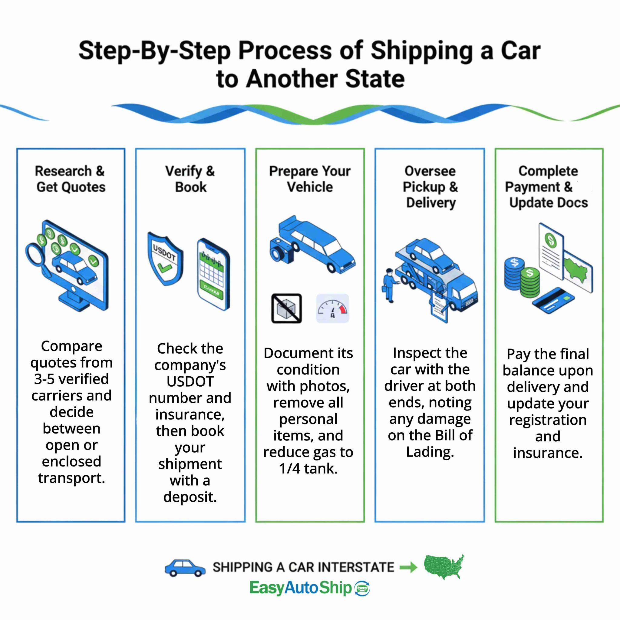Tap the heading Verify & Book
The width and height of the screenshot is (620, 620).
click(190, 179)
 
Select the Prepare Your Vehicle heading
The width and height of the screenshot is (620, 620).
click(310, 179)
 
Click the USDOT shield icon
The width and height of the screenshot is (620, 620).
click(165, 259)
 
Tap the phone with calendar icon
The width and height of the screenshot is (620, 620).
click(213, 275)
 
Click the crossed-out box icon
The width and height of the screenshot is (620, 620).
click(287, 308)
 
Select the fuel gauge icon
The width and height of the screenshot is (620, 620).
click(332, 308)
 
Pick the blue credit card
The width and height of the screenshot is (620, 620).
click(553, 301)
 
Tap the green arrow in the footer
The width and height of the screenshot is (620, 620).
click(408, 567)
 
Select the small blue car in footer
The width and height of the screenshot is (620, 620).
click(185, 568)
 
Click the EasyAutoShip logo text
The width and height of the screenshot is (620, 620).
click(301, 588)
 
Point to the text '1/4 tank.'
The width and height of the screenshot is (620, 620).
click(308, 469)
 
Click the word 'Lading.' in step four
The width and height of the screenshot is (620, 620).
click(430, 452)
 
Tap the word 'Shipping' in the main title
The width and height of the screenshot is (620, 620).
click(422, 51)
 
